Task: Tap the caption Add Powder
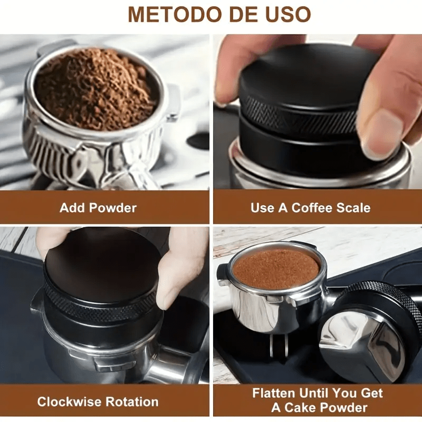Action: (98, 207)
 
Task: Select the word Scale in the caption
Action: (352, 207)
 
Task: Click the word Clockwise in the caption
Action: (65, 402)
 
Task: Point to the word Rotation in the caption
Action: (129, 402)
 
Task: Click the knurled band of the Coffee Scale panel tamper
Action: (295, 113)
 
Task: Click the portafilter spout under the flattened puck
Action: (278, 343)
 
